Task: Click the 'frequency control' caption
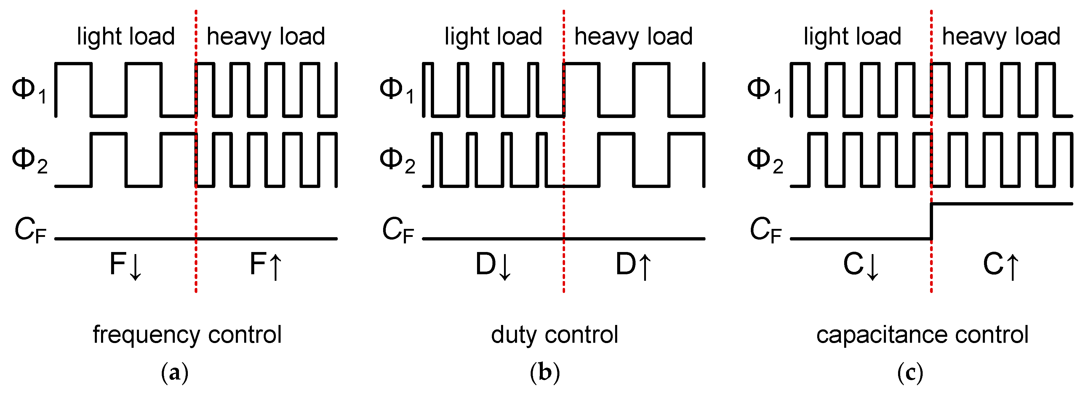click(x=187, y=335)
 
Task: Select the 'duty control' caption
click(x=555, y=335)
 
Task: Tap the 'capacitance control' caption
click(x=922, y=335)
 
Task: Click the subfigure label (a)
click(x=175, y=373)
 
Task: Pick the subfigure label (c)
click(x=910, y=373)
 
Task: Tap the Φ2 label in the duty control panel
click(x=397, y=161)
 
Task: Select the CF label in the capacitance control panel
click(x=765, y=230)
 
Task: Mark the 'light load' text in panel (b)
click(x=493, y=36)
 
